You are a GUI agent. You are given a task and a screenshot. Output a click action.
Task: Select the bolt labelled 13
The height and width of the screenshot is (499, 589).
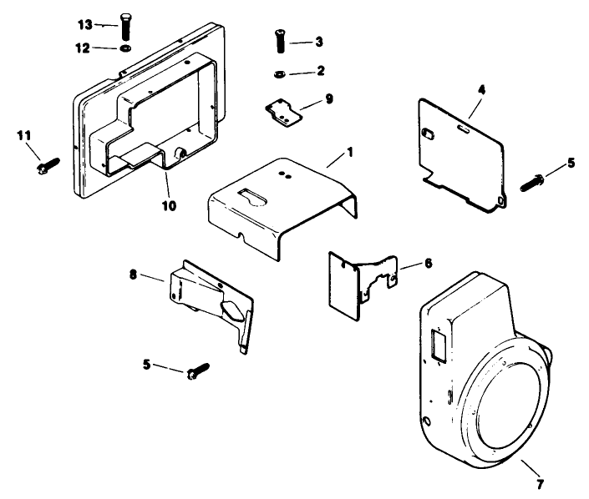(x=126, y=27)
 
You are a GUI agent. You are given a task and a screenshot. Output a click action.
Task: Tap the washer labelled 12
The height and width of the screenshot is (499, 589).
(x=124, y=48)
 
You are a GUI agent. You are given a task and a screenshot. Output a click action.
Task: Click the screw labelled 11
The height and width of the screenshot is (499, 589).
(x=44, y=168)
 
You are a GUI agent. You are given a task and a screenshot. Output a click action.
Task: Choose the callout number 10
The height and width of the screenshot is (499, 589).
(x=169, y=204)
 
